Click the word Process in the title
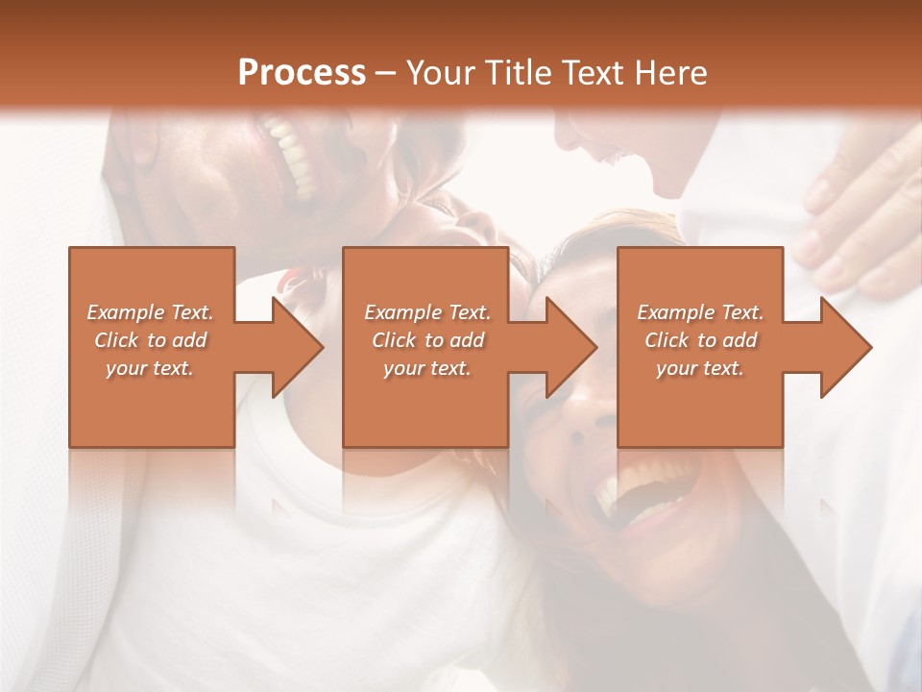302,73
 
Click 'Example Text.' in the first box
150,312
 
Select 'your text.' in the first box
150,368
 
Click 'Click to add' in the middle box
427,340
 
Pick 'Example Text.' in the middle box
427,312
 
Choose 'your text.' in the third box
699,368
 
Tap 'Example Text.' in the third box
699,312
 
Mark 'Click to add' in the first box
150,340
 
